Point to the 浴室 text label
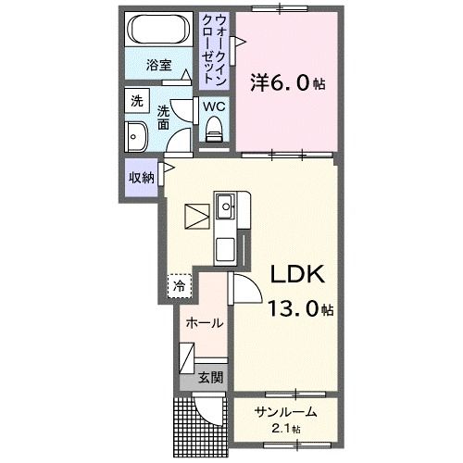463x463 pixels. coord(159,66)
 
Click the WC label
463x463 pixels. coord(214,106)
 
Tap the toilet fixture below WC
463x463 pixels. coord(215,134)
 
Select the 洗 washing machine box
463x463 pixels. coord(137,101)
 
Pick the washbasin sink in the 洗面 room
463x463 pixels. coord(136,136)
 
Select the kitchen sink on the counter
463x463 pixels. coord(226,208)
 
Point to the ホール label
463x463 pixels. coord(204,323)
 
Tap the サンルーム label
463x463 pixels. coord(287,413)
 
